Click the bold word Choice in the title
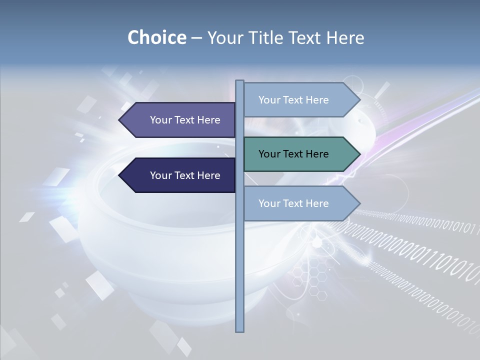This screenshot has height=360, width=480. [157, 37]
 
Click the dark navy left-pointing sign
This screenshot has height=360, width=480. [180, 175]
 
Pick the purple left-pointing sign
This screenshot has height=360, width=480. [180, 120]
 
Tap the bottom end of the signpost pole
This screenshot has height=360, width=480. [239, 330]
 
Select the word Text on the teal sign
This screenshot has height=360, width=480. [293, 154]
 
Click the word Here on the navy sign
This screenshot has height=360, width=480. [209, 175]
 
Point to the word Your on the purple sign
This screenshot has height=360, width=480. [161, 120]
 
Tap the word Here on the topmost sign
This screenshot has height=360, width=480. [317, 100]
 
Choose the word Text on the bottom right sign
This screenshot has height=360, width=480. [293, 203]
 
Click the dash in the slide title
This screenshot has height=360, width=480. [196, 38]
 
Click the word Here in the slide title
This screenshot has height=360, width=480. [345, 37]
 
